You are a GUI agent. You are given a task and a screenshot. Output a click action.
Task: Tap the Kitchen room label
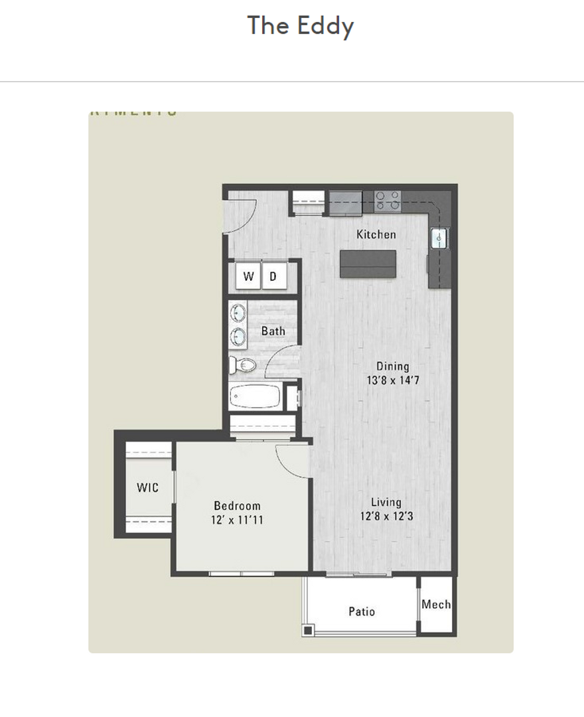point(376,234)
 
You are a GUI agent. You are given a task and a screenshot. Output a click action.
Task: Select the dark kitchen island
point(368,264)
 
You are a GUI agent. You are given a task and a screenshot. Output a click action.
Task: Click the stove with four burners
point(388,200)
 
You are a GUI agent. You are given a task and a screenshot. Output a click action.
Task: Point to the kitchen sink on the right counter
point(440,238)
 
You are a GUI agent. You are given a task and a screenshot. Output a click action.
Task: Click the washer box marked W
point(248,277)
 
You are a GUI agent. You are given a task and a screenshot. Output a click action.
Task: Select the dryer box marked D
point(273,277)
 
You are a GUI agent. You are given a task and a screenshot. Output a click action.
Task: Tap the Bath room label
point(273,331)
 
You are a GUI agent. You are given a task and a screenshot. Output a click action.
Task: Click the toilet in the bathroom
point(243,364)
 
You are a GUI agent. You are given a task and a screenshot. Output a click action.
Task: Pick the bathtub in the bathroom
point(255,398)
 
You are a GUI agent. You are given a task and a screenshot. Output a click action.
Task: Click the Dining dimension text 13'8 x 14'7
point(393,380)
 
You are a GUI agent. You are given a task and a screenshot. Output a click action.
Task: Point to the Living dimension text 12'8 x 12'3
point(386,517)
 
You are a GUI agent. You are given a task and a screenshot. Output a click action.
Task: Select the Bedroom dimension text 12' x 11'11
point(237,520)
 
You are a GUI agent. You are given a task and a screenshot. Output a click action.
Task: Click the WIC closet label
point(147,488)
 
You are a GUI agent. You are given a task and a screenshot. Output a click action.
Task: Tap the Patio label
point(362,611)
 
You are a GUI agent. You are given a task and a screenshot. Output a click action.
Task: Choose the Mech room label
point(436,605)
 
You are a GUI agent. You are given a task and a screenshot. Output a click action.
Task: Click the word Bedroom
point(237,506)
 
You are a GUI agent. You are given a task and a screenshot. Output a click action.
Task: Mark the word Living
point(386,503)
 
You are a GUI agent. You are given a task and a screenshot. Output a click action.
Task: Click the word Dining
point(393,366)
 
